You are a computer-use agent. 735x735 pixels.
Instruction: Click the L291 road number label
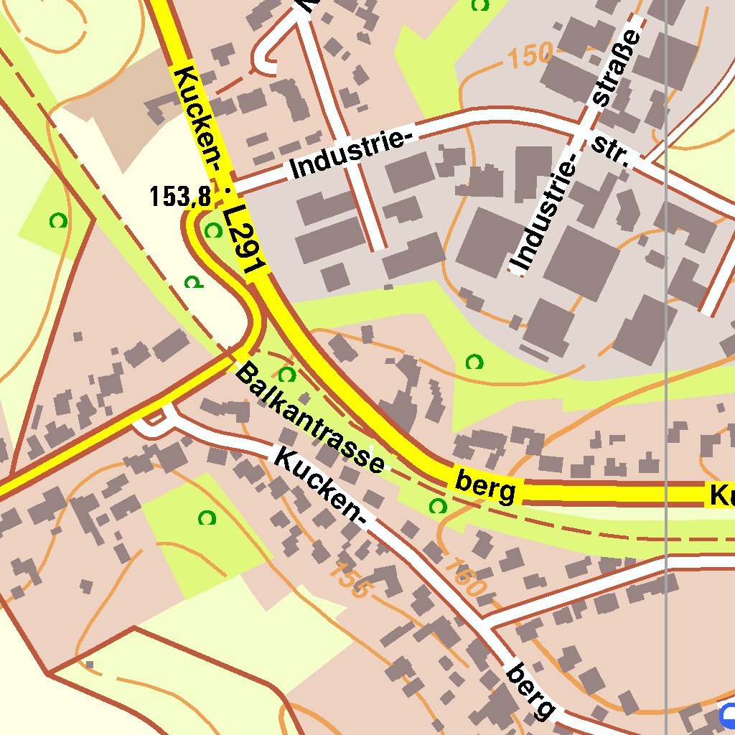coord(244,241)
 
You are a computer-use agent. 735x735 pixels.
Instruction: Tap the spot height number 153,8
coord(179,196)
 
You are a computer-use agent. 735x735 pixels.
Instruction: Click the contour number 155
coord(352,581)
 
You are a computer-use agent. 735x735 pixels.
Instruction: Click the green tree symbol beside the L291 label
coord(212,230)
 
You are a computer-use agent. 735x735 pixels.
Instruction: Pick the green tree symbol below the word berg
coord(437,507)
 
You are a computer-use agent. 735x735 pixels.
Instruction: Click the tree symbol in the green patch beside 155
coord(207,517)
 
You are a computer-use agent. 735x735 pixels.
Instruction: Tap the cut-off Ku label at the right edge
coord(721,495)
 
